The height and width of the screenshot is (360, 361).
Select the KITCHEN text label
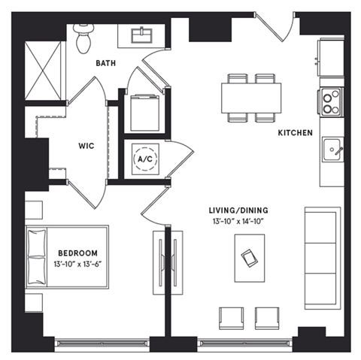295,132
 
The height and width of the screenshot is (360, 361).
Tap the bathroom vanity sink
142,34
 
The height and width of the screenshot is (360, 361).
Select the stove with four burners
330,101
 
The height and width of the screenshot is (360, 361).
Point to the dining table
250,97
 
